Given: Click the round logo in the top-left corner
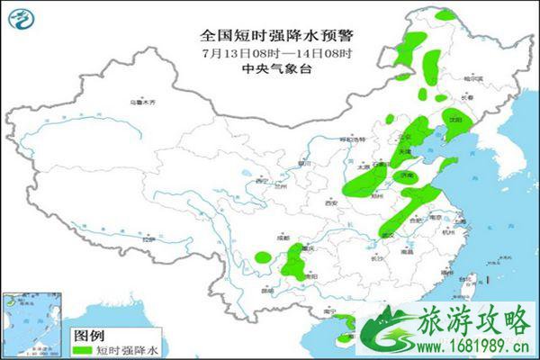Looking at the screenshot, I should (x=19, y=17).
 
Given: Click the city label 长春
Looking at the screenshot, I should (x=466, y=97).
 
